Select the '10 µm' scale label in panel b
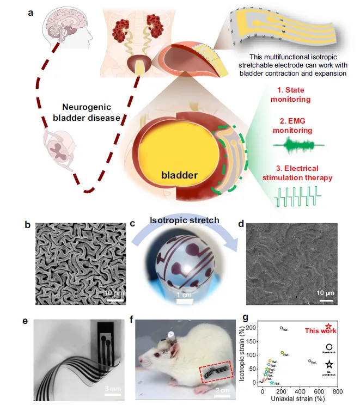(114, 294)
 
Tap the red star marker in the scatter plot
(328, 326)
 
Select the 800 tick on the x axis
(337, 391)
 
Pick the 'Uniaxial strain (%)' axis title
(298, 400)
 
